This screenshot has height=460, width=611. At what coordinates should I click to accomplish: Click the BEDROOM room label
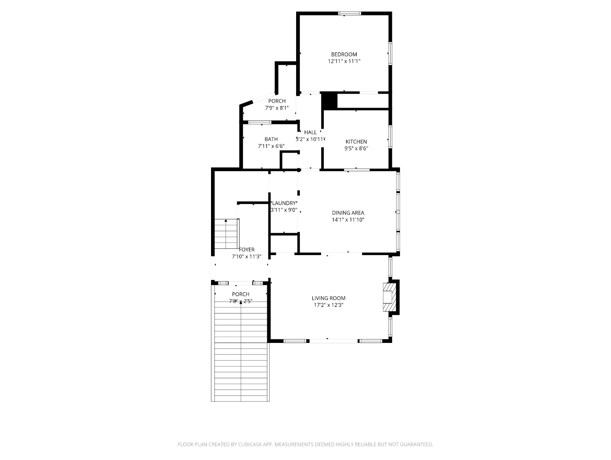(x=344, y=55)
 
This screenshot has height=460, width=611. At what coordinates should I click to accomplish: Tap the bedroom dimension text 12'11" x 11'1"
(x=344, y=61)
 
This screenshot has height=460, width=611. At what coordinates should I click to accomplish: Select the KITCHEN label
(x=356, y=141)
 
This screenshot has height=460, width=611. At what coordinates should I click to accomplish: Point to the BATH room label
(x=271, y=139)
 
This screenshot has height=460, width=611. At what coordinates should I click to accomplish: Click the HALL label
(x=310, y=132)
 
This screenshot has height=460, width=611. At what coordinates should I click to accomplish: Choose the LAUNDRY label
(x=284, y=203)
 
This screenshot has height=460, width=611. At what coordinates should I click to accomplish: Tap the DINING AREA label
(x=348, y=213)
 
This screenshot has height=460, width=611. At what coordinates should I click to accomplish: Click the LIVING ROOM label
(x=328, y=298)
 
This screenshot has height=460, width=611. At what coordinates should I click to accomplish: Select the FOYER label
(x=247, y=250)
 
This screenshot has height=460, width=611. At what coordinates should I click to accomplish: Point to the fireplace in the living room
(x=390, y=297)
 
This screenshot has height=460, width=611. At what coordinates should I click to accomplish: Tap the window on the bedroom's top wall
(x=350, y=13)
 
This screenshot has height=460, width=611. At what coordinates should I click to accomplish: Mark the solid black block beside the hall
(x=329, y=100)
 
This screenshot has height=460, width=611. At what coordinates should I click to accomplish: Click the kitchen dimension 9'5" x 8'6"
(x=356, y=149)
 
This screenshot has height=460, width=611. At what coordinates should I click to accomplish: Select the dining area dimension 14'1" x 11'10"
(x=348, y=220)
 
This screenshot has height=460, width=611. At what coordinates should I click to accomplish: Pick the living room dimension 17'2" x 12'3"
(x=328, y=305)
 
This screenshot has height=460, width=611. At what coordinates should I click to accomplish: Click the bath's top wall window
(x=260, y=122)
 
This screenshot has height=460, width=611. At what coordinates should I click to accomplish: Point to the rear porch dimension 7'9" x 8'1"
(x=277, y=108)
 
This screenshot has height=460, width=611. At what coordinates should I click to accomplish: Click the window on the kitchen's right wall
(x=390, y=137)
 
